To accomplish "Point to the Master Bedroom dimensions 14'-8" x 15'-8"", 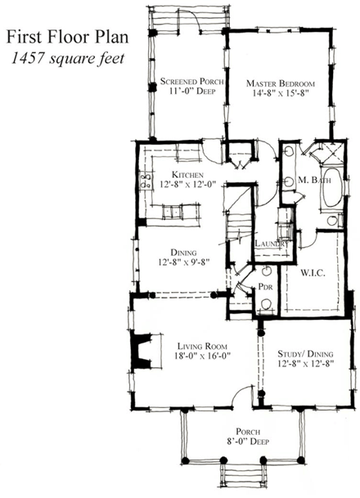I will tap(280, 94).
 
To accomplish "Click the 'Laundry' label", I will tap(270, 244).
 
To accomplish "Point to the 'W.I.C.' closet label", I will tap(313, 272).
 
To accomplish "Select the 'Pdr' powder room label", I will tap(264, 287).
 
